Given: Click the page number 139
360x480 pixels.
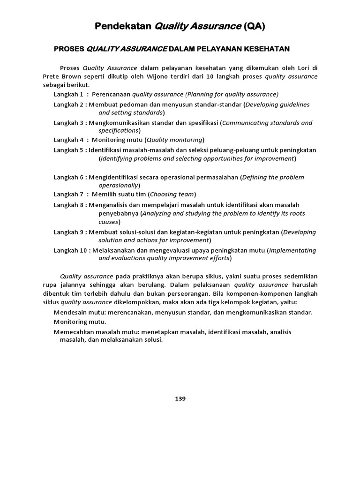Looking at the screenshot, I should point(180,399).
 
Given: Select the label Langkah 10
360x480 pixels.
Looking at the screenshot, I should point(70,250).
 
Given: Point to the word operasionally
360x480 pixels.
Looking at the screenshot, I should point(118,185).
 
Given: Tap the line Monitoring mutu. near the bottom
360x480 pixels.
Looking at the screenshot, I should point(80,322).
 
